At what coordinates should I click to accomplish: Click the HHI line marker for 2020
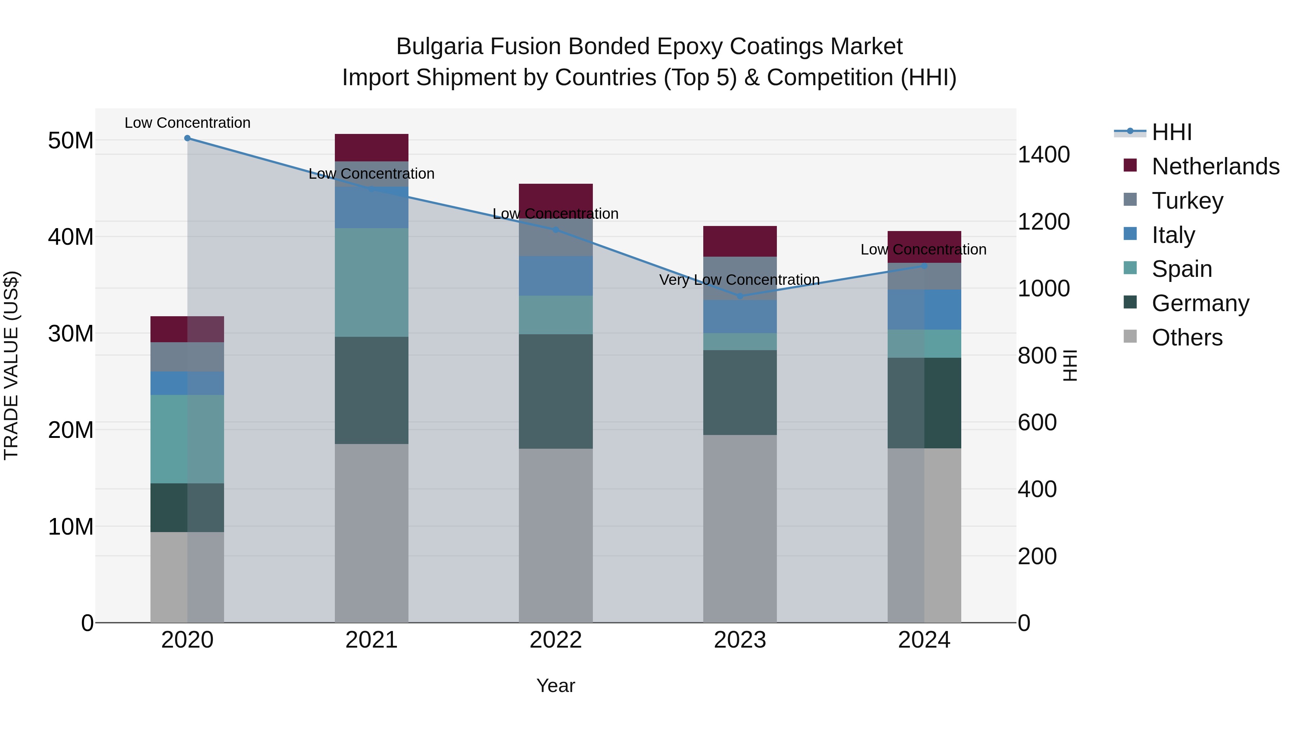(187, 138)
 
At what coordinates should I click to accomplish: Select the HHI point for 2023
(740, 296)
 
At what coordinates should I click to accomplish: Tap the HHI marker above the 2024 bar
(924, 266)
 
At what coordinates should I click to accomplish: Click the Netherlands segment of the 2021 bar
(371, 147)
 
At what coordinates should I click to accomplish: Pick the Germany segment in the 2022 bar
(556, 391)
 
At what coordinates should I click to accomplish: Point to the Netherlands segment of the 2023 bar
(740, 241)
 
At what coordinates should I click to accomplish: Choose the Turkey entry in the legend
(1188, 200)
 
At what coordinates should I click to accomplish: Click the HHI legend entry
(1171, 132)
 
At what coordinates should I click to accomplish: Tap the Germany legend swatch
(1130, 303)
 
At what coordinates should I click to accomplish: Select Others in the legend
(1187, 337)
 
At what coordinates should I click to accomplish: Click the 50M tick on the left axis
(71, 140)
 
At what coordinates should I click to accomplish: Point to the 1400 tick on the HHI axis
(1043, 155)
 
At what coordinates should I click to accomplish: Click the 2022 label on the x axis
(556, 640)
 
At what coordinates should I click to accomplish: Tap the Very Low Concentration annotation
(739, 279)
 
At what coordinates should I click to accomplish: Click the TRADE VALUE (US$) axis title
(11, 365)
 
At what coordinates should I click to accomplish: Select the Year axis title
(556, 686)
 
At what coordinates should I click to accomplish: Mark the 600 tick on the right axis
(1037, 422)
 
